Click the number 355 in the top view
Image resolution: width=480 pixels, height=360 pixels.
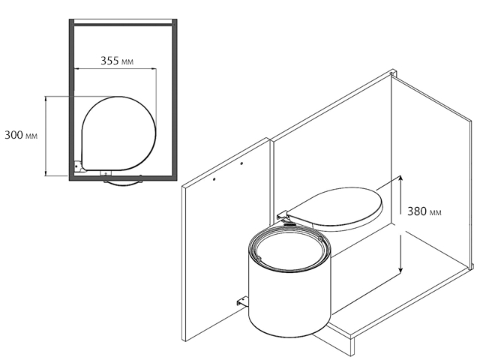[x=109, y=61]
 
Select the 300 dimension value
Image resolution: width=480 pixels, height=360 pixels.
[x=13, y=135]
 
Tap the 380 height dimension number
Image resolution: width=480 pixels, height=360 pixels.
[x=417, y=211]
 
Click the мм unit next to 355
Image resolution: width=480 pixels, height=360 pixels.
[x=127, y=61]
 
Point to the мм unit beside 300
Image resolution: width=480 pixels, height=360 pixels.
[x=31, y=136]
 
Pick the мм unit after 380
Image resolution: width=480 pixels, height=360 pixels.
[x=435, y=212]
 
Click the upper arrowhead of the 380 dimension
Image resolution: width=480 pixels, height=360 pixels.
[x=400, y=178]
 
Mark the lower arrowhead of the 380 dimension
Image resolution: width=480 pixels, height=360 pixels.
[x=400, y=270]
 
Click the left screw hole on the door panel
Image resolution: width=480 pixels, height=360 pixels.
[x=214, y=179]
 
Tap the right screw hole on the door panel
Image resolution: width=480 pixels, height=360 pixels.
[x=241, y=163]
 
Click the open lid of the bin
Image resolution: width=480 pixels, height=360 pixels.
[x=337, y=208]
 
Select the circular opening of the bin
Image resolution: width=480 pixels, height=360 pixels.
[x=289, y=249]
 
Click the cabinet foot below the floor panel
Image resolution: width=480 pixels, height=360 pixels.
[x=352, y=346]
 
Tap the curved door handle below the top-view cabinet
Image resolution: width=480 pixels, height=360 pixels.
[x=123, y=183]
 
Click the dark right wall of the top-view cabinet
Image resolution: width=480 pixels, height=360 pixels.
[x=175, y=100]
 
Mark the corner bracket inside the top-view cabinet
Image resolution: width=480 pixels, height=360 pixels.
[x=77, y=166]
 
